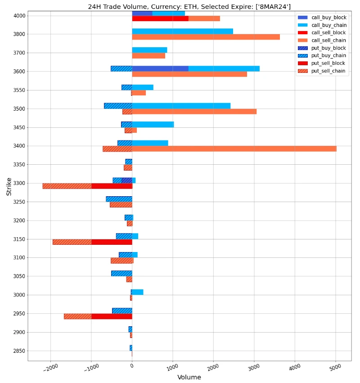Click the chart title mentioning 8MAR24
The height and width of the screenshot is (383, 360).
coord(189,6)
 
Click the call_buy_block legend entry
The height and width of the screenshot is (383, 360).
coord(328,17)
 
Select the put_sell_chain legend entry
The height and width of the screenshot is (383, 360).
coord(328,71)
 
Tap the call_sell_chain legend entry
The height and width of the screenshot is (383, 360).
coord(328,40)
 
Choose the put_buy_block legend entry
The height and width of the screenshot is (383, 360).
coord(328,48)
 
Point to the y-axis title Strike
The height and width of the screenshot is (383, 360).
coord(9,186)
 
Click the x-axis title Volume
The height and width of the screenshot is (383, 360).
coord(189,377)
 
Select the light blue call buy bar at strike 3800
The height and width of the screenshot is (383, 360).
coord(182,32)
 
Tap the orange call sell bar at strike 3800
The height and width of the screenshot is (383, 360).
coord(206,37)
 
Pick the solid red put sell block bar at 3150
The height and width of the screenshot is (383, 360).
coord(112,242)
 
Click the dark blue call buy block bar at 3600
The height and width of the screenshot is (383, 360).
coord(160,69)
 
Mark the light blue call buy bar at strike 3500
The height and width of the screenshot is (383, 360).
coord(181,106)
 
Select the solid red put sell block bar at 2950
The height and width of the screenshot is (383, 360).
coord(112,316)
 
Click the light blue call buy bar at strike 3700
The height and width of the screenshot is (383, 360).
coord(149,50)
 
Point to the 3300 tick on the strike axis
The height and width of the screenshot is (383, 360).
coord(19,184)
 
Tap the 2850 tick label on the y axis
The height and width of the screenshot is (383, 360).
coord(19,351)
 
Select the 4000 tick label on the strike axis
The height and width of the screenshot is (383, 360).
coord(19,16)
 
